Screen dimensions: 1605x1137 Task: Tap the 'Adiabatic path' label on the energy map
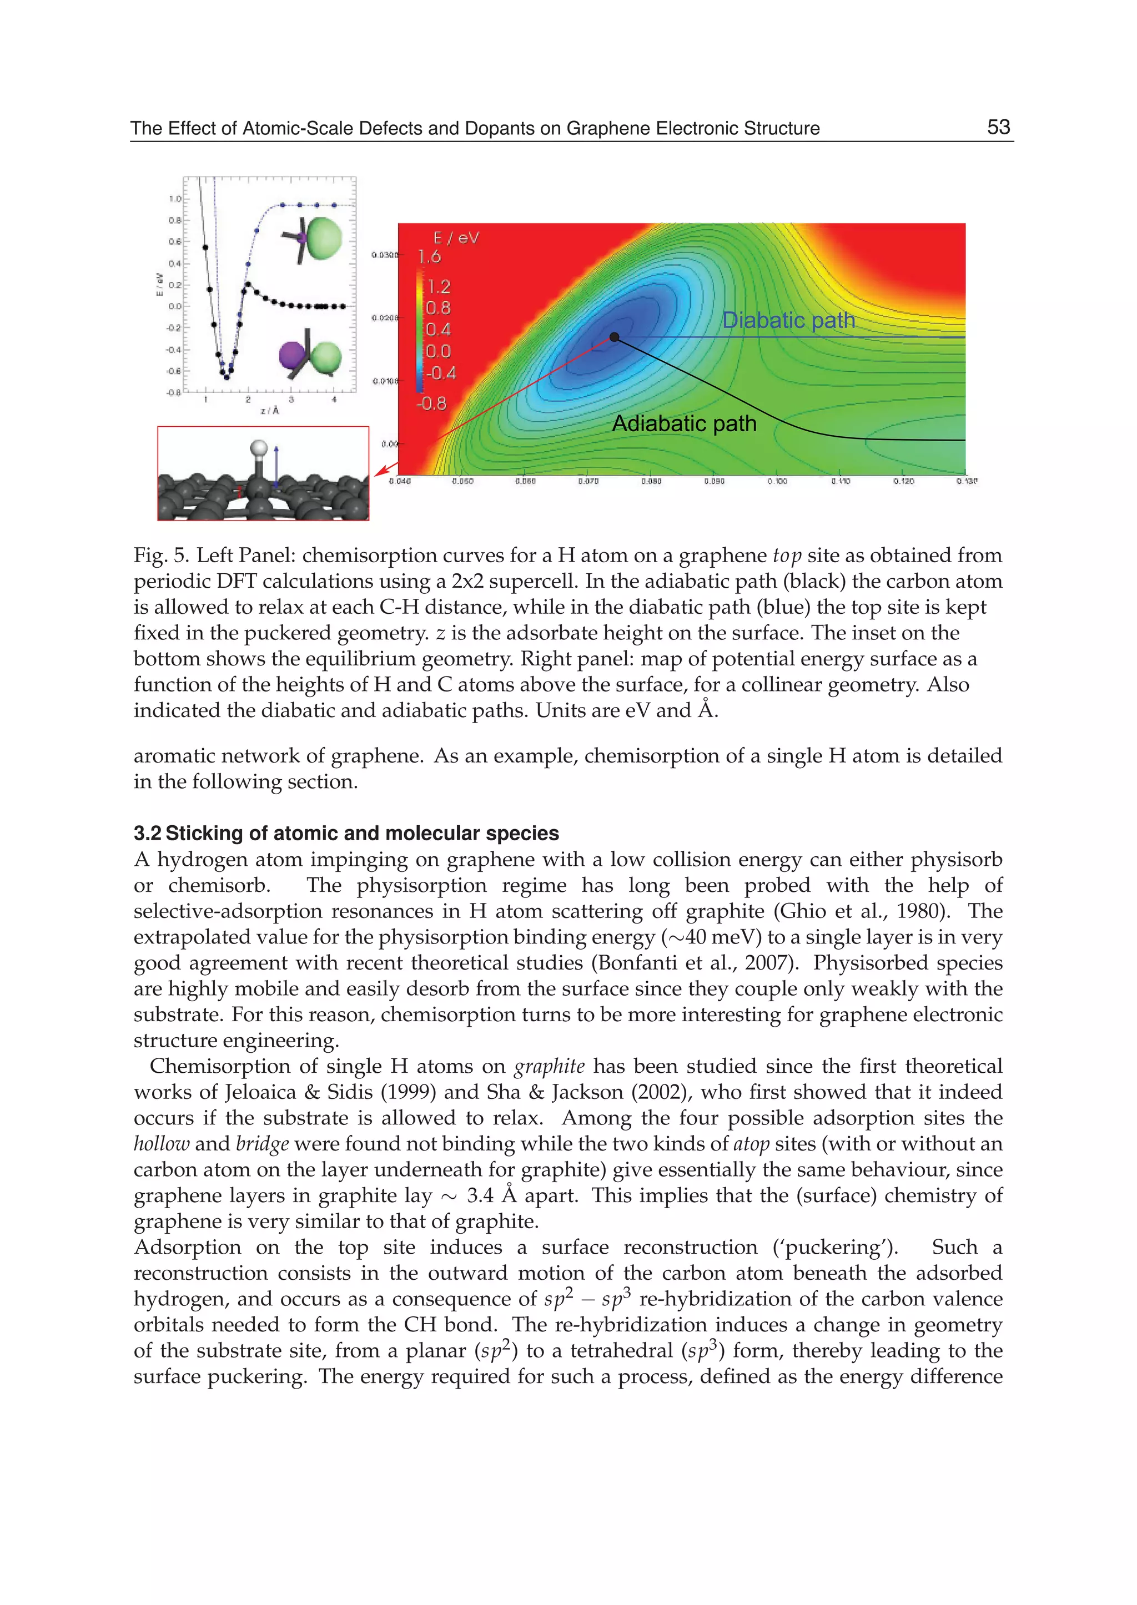684,423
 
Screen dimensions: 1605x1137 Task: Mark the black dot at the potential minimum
615,337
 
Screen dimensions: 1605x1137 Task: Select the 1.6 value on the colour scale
430,257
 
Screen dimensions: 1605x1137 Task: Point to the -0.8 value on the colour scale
431,403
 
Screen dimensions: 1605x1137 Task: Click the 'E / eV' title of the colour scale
456,238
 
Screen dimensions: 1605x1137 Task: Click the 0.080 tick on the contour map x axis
651,482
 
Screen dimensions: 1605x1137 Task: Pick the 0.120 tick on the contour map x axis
903,482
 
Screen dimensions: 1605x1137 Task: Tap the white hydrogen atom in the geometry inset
259,448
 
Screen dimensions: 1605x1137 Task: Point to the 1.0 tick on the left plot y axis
174,199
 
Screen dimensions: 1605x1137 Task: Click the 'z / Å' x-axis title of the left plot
270,411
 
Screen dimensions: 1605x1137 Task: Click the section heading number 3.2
147,833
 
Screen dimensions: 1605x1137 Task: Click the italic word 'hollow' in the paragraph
161,1144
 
